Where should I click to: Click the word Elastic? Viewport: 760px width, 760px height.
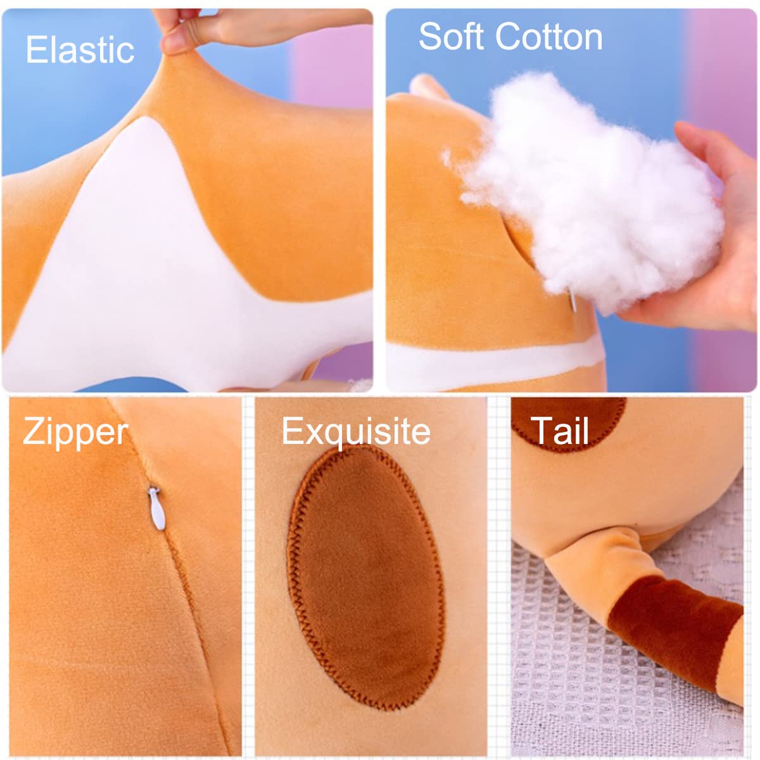click(80, 49)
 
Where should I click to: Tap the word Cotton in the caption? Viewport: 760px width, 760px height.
click(548, 37)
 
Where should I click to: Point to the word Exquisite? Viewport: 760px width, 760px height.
click(356, 433)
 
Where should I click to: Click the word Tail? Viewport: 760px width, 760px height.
click(560, 431)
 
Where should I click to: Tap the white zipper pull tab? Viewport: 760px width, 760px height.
click(156, 509)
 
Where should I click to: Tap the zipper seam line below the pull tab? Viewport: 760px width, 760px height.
click(197, 639)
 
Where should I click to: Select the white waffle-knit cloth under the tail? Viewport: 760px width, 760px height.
click(592, 671)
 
